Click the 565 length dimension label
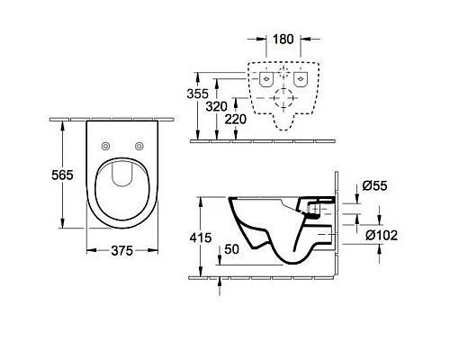[x=62, y=175]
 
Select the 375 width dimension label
[x=122, y=251]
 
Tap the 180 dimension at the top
[x=283, y=39]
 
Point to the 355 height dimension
[x=197, y=94]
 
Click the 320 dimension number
[x=216, y=106]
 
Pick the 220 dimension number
[x=236, y=120]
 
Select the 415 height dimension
[x=201, y=238]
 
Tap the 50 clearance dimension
[x=231, y=249]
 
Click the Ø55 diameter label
[x=374, y=186]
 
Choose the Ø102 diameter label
[x=382, y=235]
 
